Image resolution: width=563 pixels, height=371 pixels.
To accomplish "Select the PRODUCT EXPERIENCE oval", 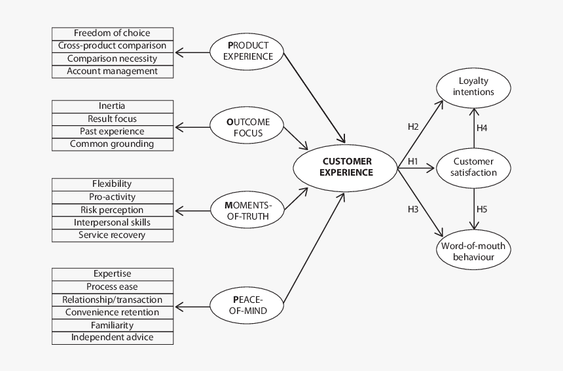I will (247, 51).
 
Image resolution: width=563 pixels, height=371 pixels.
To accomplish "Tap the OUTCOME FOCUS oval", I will (247, 127).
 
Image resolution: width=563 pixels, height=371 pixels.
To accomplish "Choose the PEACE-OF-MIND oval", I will (247, 305).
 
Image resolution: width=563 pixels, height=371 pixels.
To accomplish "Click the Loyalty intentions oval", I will (473, 87).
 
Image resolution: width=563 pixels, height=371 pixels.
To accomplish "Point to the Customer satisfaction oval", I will (473, 167).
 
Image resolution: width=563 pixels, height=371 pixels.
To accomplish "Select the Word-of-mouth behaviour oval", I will (473, 252).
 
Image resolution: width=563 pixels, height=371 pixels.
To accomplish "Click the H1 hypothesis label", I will (413, 161).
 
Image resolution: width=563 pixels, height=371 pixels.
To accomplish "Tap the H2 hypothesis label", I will (413, 127).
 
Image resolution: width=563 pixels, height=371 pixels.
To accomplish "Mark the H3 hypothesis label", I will (413, 209).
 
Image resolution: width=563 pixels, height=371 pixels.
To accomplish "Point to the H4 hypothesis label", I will (482, 128).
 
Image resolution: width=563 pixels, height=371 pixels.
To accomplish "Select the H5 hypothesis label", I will (482, 210).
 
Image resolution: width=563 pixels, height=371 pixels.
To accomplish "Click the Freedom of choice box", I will (112, 33).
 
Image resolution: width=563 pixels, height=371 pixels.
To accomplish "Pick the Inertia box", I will (112, 106).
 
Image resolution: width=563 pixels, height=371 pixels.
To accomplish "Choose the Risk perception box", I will (112, 210).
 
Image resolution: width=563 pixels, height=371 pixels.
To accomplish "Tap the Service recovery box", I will (112, 235).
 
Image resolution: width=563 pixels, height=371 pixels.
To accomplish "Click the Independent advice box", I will (112, 338).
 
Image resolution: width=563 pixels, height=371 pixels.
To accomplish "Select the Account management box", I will (112, 71).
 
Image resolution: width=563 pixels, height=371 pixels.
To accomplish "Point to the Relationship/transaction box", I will (112, 300).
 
